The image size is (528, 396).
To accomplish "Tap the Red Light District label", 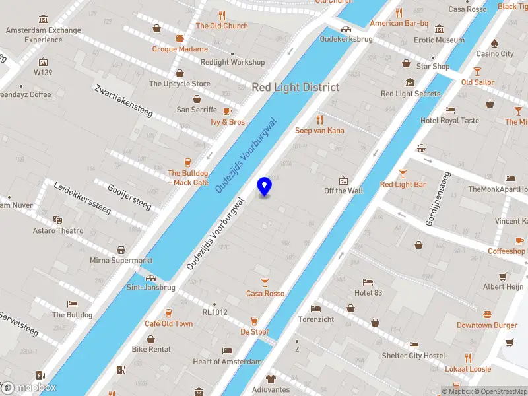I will coord(295,87).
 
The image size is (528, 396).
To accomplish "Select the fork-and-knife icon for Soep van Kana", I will coord(319,119).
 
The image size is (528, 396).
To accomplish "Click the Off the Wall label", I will coord(343,191).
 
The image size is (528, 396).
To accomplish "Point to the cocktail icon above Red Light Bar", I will coord(403,174).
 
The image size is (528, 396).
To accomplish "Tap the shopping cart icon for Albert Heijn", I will coord(503,277).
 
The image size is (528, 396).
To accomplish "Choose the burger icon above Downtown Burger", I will coord(487,314).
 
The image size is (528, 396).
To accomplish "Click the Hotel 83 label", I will coord(368,293).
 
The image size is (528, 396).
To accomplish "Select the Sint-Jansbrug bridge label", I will coord(151,287).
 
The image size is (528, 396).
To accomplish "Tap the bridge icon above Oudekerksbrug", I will coord(345,28).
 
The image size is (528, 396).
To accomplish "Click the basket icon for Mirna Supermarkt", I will coord(121,249).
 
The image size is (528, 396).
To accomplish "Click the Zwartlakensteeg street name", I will coord(123,101).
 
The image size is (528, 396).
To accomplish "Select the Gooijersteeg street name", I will coord(129,197).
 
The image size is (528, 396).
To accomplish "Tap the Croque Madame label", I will coord(180,49).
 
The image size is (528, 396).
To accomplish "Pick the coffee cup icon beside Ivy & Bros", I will coord(227,111).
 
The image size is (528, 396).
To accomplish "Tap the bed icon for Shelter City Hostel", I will coord(412,345).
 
